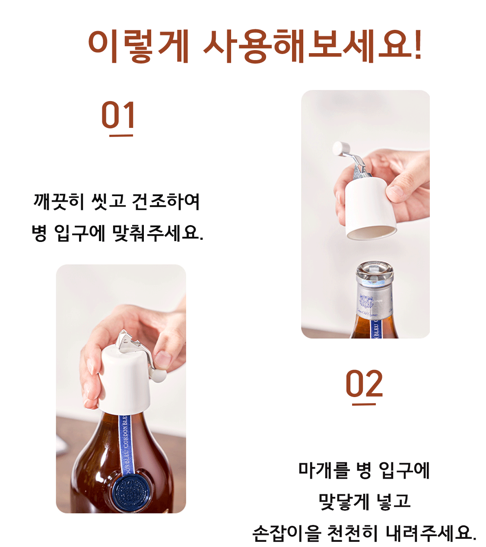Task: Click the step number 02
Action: pos(364,383)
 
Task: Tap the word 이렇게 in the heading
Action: pos(138,46)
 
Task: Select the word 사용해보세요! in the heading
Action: pos(312,46)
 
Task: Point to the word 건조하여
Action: pos(166,202)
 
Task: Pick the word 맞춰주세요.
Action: pos(157,233)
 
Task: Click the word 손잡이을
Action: pos(287,533)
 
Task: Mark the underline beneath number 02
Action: pos(364,404)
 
